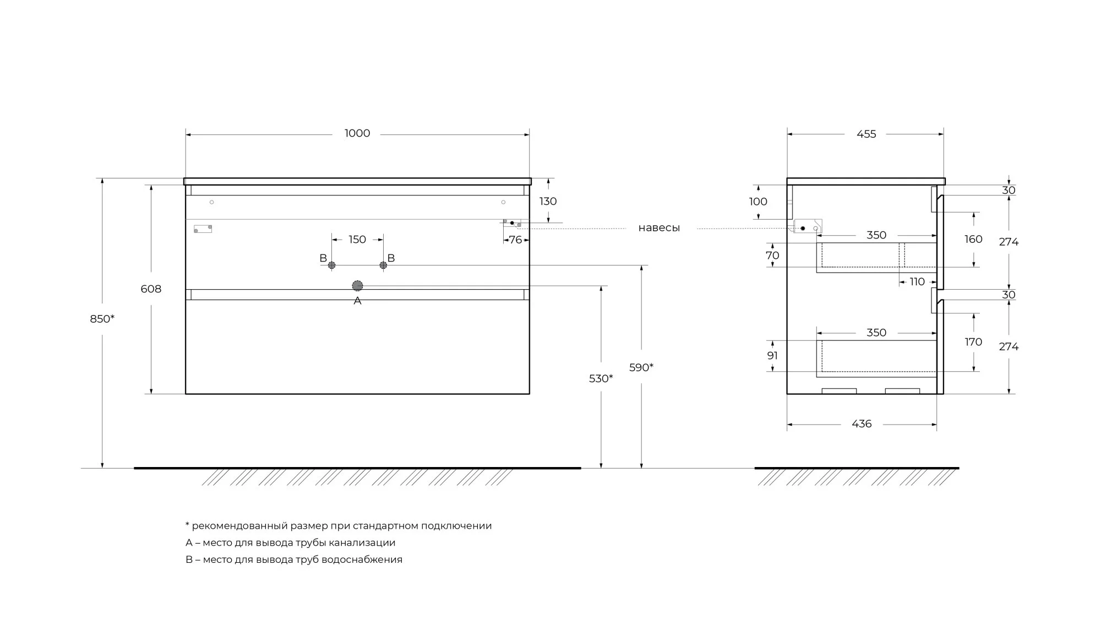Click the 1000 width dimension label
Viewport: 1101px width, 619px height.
pos(357,133)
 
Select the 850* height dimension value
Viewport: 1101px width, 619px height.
pos(102,319)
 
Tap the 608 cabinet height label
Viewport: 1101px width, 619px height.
pos(151,289)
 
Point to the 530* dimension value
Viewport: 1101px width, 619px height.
pos(601,378)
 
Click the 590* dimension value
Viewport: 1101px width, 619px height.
pos(641,367)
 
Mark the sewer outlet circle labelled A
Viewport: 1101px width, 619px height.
pos(357,285)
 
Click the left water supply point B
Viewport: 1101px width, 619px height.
pos(331,265)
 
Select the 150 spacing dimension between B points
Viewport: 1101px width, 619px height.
pos(357,240)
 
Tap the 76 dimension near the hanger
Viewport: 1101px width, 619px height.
pos(515,240)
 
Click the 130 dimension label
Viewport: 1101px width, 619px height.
pos(548,202)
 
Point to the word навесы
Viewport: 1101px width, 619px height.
pos(659,228)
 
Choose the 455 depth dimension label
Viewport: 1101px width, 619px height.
pos(866,134)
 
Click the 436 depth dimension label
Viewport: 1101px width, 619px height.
pos(862,424)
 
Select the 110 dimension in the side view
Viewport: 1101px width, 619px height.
pos(917,282)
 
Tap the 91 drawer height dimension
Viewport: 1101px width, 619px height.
pos(772,356)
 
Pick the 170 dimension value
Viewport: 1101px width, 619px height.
pos(973,342)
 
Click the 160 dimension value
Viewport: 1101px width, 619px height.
pos(973,239)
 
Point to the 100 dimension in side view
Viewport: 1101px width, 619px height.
pos(758,202)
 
